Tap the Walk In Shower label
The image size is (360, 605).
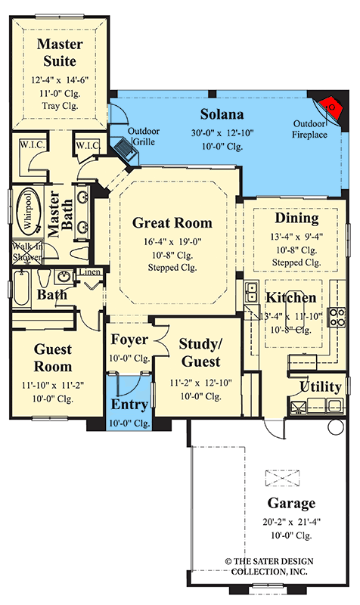click(x=25, y=251)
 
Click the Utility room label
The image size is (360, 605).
click(x=321, y=386)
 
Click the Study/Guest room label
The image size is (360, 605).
click(x=200, y=352)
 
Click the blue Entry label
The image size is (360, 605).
click(x=129, y=406)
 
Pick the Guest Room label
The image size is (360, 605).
click(x=52, y=358)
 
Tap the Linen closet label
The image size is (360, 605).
click(x=89, y=272)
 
